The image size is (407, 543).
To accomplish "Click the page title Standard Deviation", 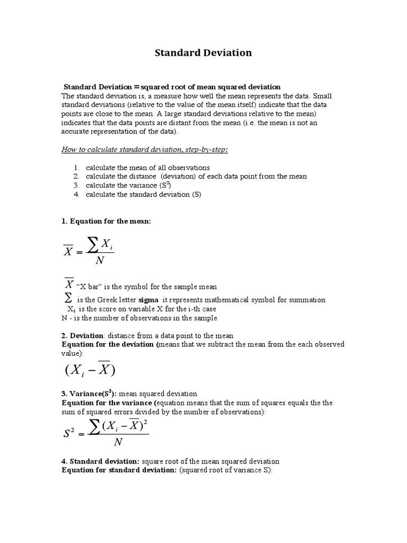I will tap(203, 53).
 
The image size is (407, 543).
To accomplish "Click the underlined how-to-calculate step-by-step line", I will tap(145, 150).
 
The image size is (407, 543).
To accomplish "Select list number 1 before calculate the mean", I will tap(76, 168).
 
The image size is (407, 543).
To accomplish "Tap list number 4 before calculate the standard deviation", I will tap(76, 194).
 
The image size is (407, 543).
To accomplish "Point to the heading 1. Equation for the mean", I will tap(107, 221).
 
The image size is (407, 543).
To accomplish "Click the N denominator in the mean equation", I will tap(99, 261).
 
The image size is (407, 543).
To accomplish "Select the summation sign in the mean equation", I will tap(92, 246).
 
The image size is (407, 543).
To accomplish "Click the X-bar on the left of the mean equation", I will tap(68, 251).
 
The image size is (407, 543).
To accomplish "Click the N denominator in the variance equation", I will tap(118, 443).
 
